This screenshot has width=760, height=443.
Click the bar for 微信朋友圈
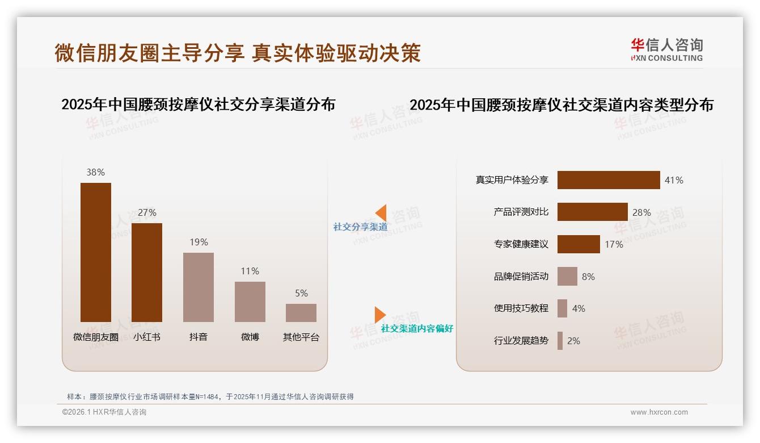[x=95, y=252]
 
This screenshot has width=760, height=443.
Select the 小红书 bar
[x=147, y=273]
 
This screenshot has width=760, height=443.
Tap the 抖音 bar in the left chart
[x=199, y=287]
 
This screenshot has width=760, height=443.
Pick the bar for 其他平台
[x=301, y=313]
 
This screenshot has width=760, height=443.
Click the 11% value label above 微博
[x=250, y=271]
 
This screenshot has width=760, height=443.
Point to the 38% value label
[x=95, y=173]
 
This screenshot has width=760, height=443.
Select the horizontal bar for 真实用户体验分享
[x=609, y=180]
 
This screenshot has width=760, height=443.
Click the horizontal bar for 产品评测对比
[x=592, y=212]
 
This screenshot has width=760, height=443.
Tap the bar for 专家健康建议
[x=579, y=244]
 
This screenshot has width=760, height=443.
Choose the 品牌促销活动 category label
[x=521, y=277]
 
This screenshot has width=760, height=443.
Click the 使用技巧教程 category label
[x=521, y=308]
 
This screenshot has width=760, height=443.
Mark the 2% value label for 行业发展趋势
[x=573, y=341]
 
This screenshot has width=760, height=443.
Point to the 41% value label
[x=674, y=180]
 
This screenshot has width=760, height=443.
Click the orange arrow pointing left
[x=381, y=212]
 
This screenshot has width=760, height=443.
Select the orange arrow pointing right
[x=379, y=315]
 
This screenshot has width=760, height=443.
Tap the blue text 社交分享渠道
[x=360, y=227]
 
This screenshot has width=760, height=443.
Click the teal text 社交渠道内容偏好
[x=417, y=329]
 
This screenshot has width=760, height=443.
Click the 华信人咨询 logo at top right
[x=666, y=49]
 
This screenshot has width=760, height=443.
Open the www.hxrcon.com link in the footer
[x=659, y=412]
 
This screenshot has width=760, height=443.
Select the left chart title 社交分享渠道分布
[x=198, y=105]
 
